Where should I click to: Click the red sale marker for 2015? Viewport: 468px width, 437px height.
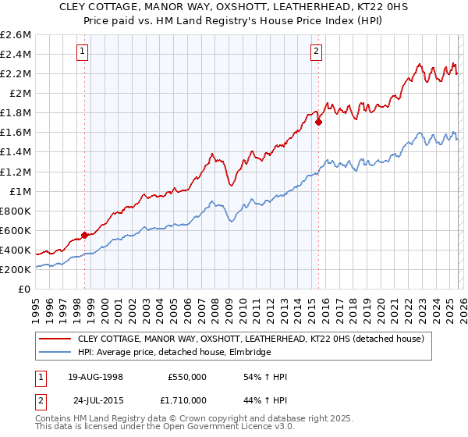(318, 122)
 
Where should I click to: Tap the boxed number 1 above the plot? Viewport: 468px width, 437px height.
(83, 52)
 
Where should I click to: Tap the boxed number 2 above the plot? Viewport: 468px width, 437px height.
(316, 52)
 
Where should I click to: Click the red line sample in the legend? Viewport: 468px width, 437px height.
(56, 339)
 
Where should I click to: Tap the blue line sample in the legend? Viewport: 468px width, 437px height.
(56, 353)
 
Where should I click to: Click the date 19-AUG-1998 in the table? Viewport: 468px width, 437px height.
(95, 377)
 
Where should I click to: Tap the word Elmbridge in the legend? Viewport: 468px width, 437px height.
(250, 353)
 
